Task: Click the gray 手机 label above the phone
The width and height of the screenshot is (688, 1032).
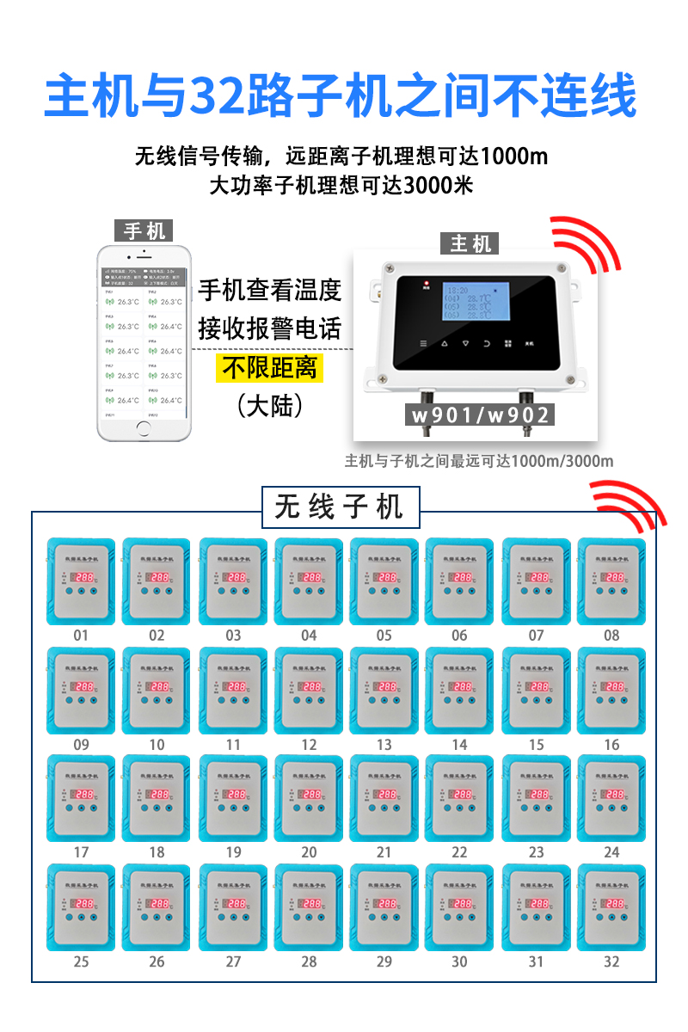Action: coord(144,230)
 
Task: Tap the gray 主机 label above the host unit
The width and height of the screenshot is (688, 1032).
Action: coord(470,243)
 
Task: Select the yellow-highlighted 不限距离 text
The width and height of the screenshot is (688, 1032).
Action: coord(270,369)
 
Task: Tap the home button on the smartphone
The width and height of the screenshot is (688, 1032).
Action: coord(143,430)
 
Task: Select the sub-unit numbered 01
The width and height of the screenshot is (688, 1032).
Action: coord(81,582)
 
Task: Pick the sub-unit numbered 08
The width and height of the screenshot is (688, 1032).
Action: coord(611,582)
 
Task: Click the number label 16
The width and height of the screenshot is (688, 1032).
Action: coord(611,745)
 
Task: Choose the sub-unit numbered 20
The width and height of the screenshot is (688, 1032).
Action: coord(309,799)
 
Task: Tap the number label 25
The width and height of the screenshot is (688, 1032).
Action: coord(81,961)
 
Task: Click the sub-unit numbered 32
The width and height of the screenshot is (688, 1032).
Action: coord(611,908)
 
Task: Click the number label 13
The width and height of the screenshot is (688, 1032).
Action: coord(384,745)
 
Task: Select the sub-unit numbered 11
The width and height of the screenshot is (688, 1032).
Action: coord(233,691)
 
